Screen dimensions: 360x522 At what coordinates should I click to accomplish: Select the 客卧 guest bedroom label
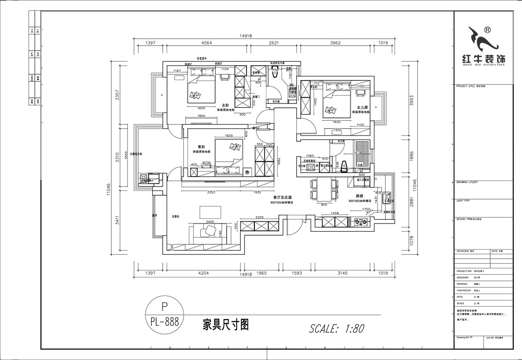201,147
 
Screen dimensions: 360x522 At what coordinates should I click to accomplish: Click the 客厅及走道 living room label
282,197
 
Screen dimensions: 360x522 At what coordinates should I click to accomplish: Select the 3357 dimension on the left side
116,96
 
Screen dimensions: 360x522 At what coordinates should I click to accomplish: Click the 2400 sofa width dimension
210,222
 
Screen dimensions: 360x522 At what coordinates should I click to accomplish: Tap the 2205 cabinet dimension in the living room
260,218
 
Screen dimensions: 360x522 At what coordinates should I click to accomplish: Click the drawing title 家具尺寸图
225,325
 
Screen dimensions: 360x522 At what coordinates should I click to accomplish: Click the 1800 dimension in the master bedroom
201,116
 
